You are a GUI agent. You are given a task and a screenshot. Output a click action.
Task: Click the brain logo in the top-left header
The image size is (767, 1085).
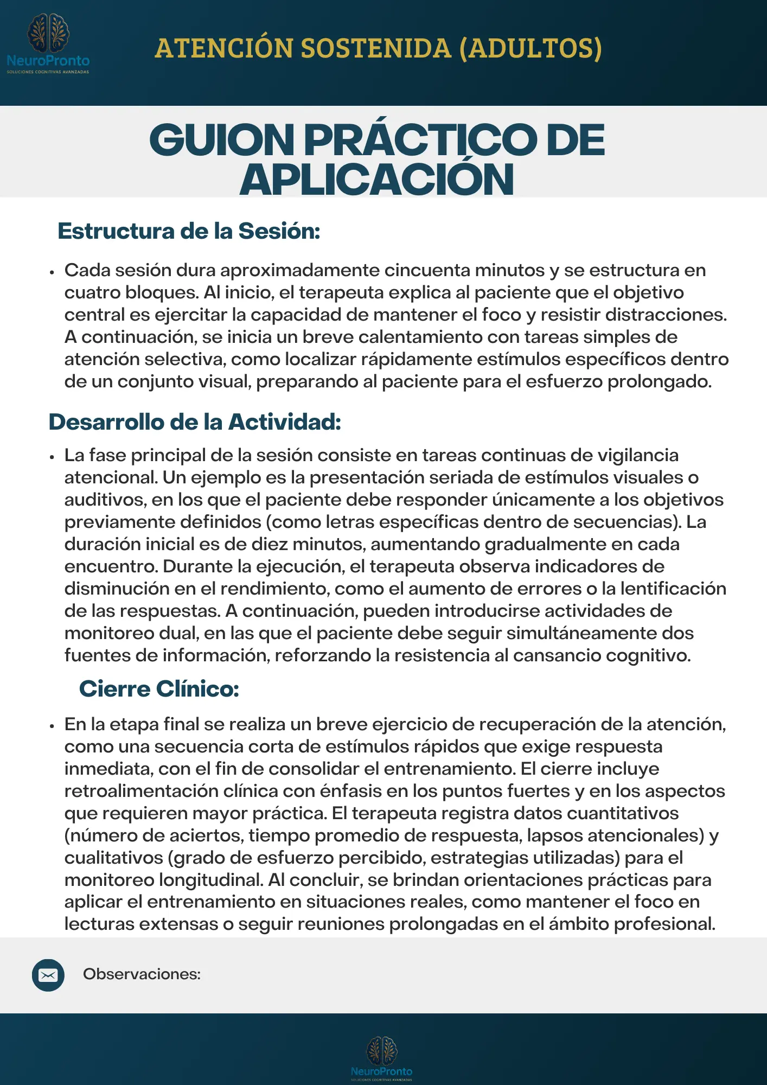point(48,34)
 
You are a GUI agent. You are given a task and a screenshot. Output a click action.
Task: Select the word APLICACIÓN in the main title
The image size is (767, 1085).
point(377,180)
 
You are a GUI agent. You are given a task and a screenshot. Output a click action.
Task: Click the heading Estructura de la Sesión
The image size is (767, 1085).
point(189,231)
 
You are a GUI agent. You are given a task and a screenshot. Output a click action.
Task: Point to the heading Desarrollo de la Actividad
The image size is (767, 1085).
point(195,422)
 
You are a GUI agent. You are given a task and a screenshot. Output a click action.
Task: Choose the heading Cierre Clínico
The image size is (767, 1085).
point(159,689)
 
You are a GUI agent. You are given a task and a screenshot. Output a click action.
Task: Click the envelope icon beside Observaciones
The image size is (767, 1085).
point(48,975)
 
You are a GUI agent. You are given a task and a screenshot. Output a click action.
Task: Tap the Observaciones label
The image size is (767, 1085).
point(142,974)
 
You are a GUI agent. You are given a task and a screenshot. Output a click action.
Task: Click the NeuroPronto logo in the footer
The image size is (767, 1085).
point(382,1058)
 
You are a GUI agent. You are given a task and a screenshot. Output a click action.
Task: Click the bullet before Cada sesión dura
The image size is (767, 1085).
point(52,272)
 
